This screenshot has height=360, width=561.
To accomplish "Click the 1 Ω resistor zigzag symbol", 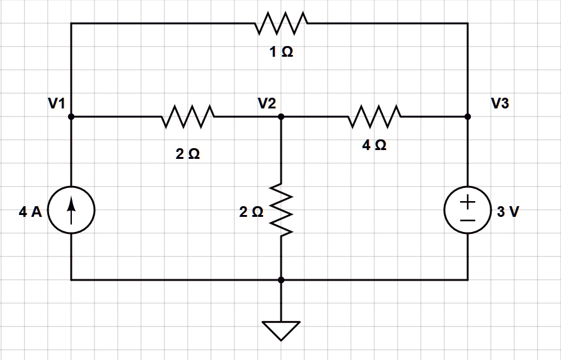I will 281,23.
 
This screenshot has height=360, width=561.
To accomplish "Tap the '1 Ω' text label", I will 281,53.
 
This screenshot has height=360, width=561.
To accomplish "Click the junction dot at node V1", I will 71,117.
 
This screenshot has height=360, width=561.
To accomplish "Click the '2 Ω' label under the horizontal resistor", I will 188,154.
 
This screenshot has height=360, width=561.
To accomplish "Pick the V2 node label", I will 267,103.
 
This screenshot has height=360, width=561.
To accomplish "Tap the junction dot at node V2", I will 281,117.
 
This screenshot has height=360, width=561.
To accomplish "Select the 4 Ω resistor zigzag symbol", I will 374,117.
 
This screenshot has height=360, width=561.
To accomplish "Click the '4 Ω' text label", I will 374,145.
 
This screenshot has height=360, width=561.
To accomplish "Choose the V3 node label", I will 500,103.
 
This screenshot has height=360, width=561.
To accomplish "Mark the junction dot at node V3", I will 468,117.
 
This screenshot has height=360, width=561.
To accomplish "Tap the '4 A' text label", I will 30,212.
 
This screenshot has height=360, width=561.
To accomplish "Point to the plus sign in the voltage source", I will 468,202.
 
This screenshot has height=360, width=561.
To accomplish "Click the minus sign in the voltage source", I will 468,221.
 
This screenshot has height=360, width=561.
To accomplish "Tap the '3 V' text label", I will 508,212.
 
